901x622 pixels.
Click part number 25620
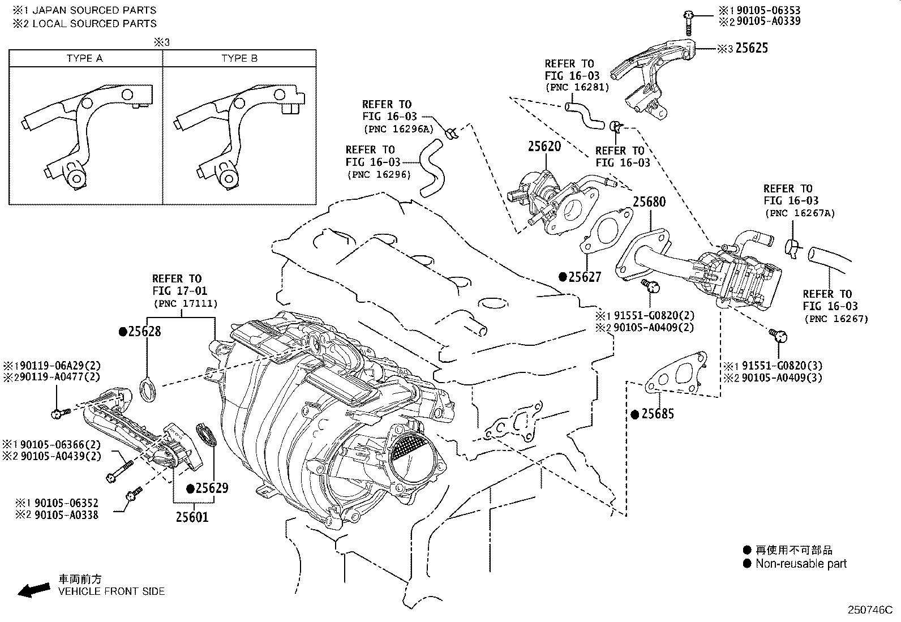pyautogui.click(x=544, y=147)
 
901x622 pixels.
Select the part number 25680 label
pyautogui.click(x=649, y=202)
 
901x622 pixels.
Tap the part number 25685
pyautogui.click(x=657, y=414)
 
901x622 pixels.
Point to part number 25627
pyautogui.click(x=585, y=277)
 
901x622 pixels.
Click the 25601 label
pyautogui.click(x=191, y=517)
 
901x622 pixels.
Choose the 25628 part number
pyautogui.click(x=144, y=332)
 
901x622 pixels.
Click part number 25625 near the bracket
pyautogui.click(x=752, y=48)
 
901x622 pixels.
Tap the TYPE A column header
pyautogui.click(x=85, y=58)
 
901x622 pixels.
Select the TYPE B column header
pyautogui.click(x=239, y=58)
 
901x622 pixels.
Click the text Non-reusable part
pyautogui.click(x=801, y=564)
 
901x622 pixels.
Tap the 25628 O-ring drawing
pyautogui.click(x=148, y=391)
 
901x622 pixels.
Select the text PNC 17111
pyautogui.click(x=185, y=304)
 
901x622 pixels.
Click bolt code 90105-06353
pyautogui.click(x=767, y=10)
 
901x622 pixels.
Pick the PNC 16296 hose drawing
pyautogui.click(x=432, y=169)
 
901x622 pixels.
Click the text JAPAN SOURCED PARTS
pyautogui.click(x=95, y=10)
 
